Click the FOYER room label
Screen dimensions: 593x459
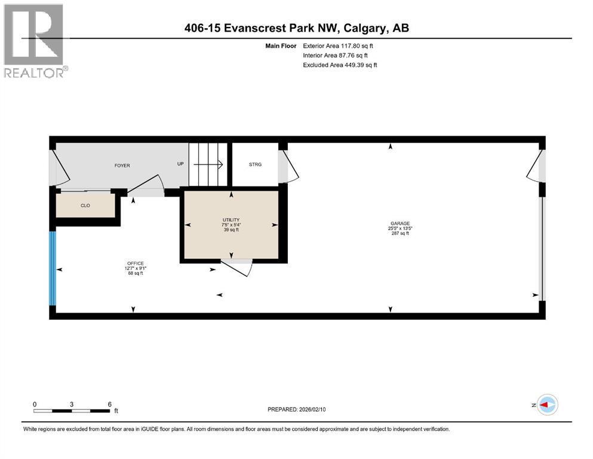point(122,166)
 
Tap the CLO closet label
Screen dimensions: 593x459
point(85,206)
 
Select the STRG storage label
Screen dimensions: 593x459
point(255,164)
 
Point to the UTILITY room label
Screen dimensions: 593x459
point(231,220)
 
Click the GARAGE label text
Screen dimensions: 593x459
point(400,224)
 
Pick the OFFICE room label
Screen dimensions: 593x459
point(136,264)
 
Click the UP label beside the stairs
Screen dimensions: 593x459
point(180,164)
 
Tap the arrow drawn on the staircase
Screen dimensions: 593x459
point(208,164)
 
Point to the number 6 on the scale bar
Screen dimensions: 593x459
point(110,404)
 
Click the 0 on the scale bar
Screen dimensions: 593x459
point(35,404)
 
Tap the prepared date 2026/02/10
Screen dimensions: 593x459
point(312,409)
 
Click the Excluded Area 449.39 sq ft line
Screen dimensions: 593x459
point(340,65)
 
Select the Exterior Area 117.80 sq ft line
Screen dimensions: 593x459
point(338,46)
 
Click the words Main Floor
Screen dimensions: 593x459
point(281,46)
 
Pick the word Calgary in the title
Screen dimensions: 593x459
point(365,28)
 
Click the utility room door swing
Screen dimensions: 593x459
point(236,267)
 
